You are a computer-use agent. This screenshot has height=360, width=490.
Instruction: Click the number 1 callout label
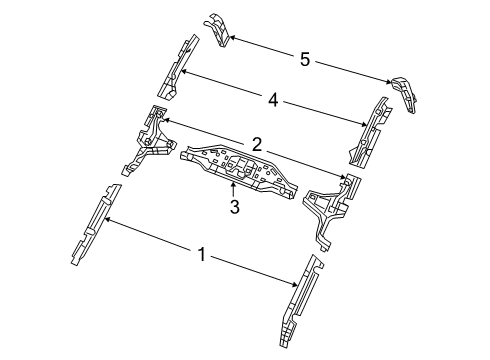click(x=203, y=256)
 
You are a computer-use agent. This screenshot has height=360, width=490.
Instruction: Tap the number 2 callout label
click(x=258, y=145)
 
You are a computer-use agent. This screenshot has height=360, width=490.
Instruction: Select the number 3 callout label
click(x=234, y=207)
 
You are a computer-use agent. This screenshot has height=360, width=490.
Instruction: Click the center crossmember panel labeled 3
click(x=240, y=168)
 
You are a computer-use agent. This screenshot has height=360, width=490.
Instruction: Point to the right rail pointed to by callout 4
click(x=368, y=130)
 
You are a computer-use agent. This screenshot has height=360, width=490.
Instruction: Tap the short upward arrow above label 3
click(x=234, y=189)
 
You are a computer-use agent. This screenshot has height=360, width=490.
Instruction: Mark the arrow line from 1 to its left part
click(x=150, y=237)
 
